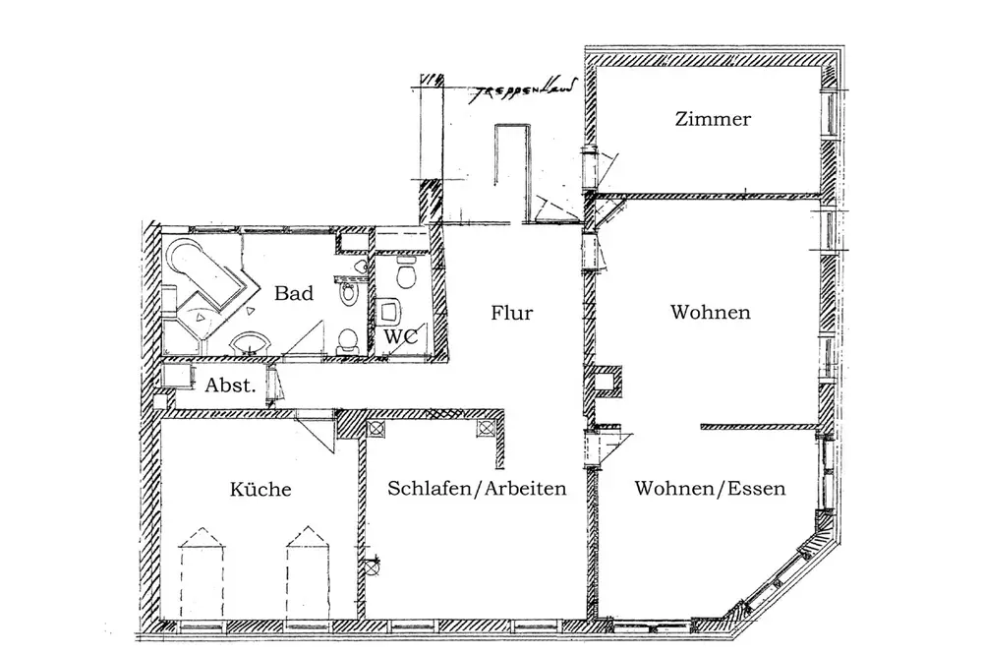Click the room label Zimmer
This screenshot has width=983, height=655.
tap(713, 120)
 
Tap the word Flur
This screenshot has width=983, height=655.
tap(511, 314)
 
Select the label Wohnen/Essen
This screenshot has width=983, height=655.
tap(710, 489)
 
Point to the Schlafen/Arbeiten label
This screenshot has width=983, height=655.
tap(478, 489)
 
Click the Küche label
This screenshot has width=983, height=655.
tap(260, 490)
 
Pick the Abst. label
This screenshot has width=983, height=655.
tap(230, 386)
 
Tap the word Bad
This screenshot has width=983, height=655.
tap(294, 293)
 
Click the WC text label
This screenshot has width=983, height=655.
tap(400, 336)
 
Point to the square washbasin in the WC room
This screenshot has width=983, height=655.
tap(390, 312)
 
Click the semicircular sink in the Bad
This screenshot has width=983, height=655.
tap(251, 342)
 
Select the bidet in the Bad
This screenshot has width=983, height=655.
tap(347, 293)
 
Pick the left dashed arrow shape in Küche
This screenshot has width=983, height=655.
tap(202, 575)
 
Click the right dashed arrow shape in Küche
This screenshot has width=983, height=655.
tap(306, 575)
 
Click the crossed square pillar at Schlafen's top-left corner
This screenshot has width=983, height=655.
tap(375, 428)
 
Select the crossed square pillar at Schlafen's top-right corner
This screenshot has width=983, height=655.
tap(486, 428)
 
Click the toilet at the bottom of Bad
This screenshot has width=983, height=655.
tap(345, 341)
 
